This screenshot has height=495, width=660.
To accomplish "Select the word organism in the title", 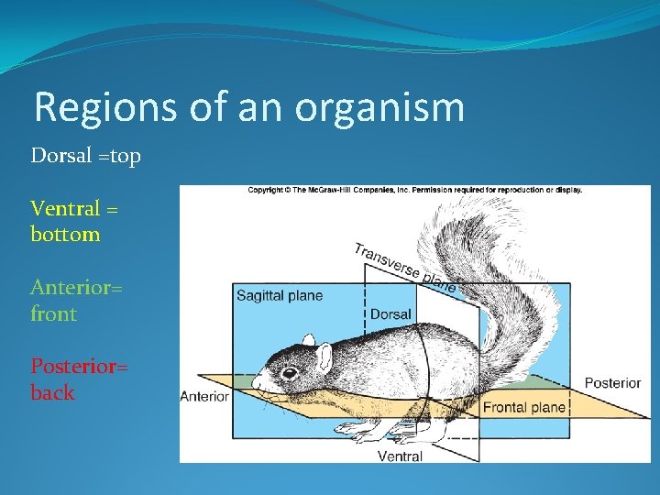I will tap(379, 108).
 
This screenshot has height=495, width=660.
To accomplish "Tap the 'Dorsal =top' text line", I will tap(86, 156).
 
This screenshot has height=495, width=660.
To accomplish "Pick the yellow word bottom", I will tap(65, 234).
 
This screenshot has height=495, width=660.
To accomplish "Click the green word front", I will tap(54, 313).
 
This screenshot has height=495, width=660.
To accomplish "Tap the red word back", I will tap(53, 392).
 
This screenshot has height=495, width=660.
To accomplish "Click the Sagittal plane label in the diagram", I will tap(280, 296).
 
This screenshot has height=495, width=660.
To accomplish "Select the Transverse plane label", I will tap(404, 267).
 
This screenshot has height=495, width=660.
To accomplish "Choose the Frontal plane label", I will tap(523, 407).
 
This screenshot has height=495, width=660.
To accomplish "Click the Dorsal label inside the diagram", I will tap(390, 314).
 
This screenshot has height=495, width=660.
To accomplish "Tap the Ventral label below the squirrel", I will tap(400, 456).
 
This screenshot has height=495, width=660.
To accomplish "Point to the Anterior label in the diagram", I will tap(204, 396).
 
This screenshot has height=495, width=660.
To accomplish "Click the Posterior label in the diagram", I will tap(611, 382).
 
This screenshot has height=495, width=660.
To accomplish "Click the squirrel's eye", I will tap(290, 372).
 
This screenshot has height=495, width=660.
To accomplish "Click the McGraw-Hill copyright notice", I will tap(414, 191).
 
